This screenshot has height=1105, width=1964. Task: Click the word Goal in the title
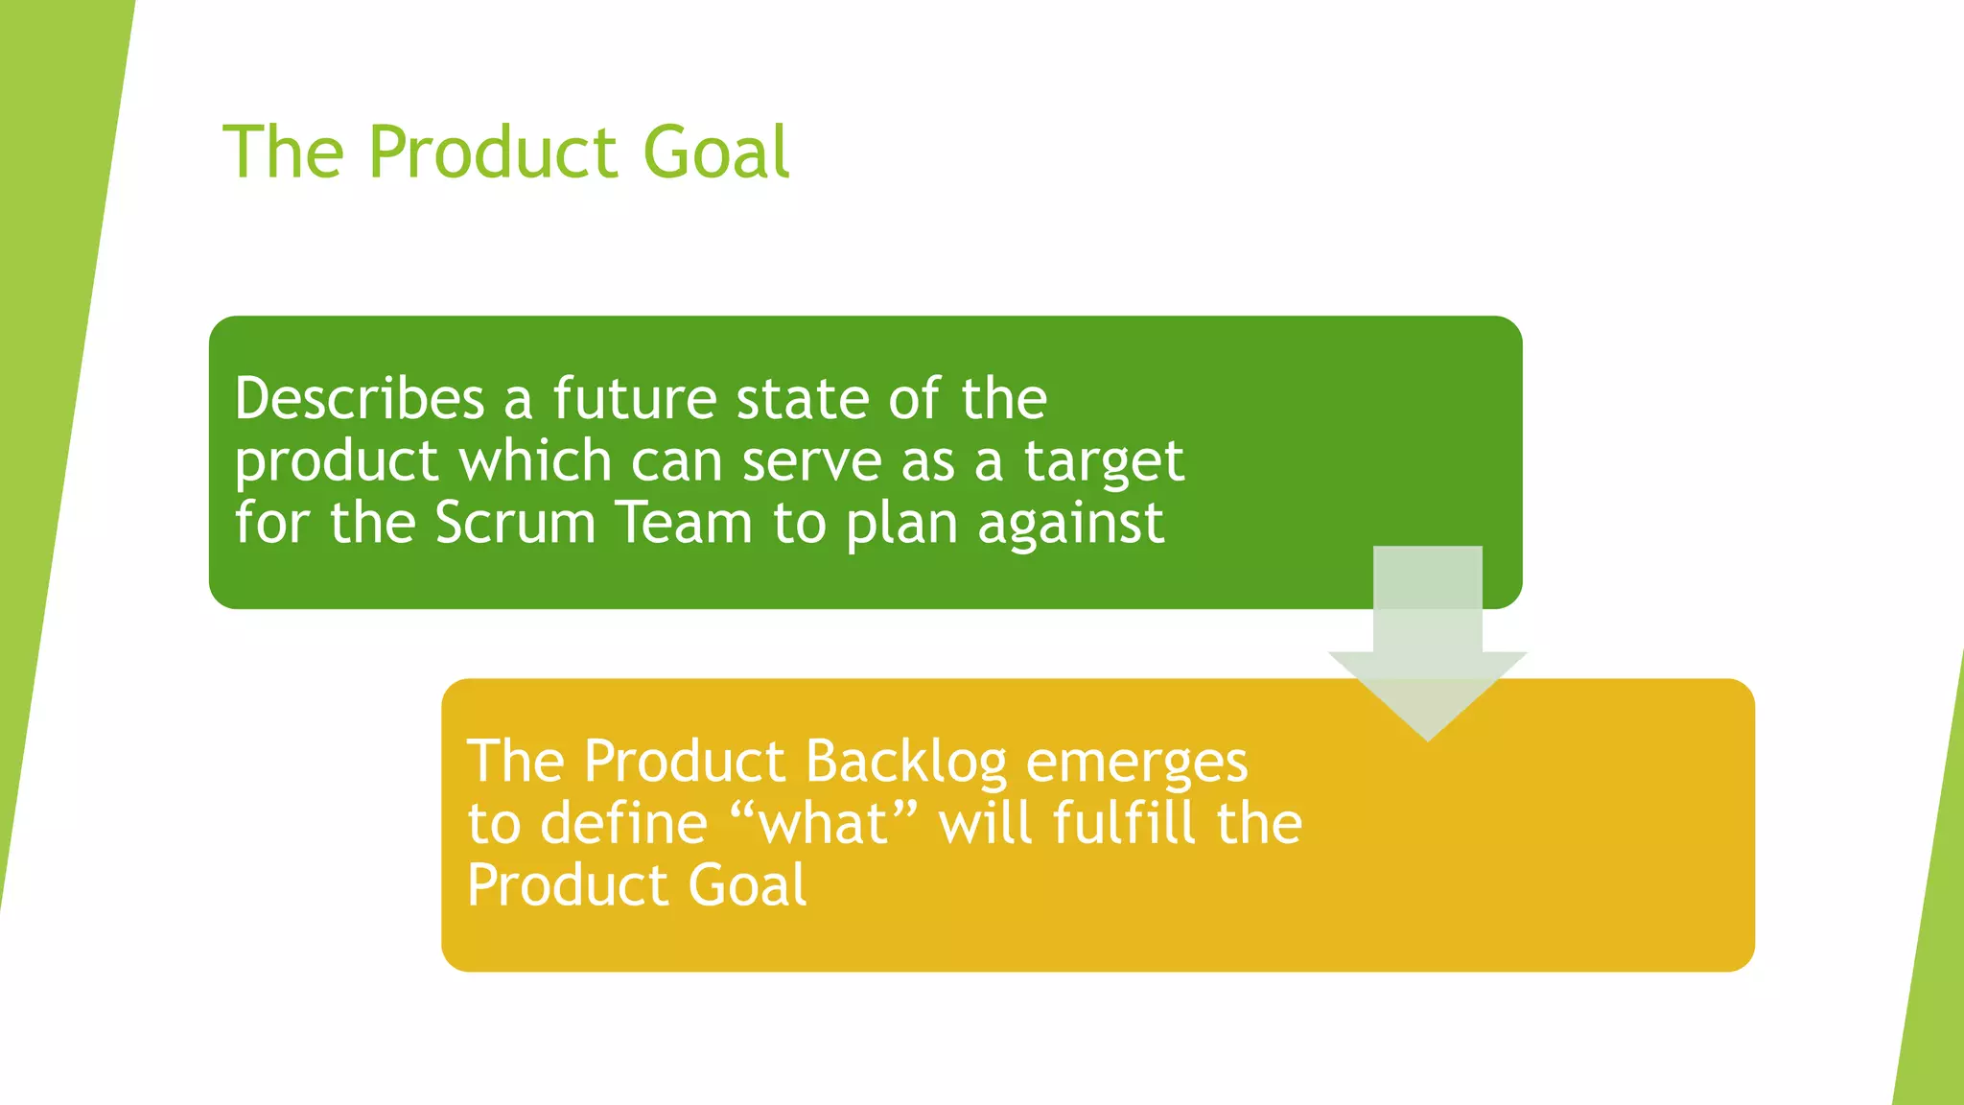pos(715,153)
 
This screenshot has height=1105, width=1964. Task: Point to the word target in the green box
pos(1104,462)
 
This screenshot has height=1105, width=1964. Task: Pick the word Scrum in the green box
pos(515,524)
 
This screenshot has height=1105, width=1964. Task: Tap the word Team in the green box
pos(684,524)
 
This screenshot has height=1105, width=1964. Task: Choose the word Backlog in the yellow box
pos(906,763)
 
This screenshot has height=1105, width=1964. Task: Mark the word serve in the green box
pos(811,462)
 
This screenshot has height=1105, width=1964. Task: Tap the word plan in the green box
pos(901,526)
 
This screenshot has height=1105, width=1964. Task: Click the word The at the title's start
pos(283,153)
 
